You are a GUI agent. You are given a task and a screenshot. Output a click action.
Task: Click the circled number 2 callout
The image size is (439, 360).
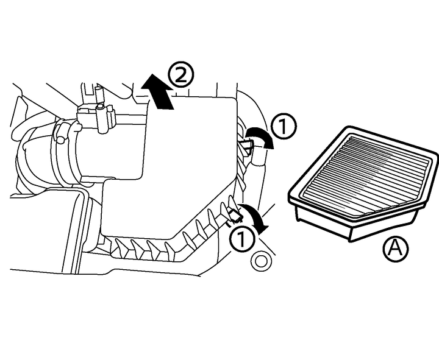[x=181, y=76]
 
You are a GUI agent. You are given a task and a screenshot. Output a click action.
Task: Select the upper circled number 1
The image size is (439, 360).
[x=284, y=127]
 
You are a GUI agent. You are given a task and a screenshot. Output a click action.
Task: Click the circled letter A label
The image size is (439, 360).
[x=395, y=249]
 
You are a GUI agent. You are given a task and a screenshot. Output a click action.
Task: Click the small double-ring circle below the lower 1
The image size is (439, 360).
[x=262, y=262]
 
